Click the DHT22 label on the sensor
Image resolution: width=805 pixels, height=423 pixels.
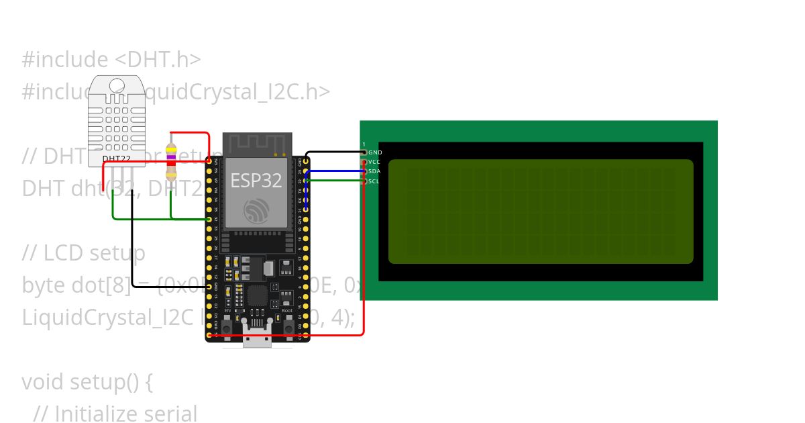coord(116,159)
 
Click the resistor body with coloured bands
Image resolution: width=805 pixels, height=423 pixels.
coord(172,162)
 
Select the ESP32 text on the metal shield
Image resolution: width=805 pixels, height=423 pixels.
coord(256,180)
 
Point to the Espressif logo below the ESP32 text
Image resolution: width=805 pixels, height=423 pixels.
coord(256,211)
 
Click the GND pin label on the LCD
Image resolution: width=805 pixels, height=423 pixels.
coord(375,152)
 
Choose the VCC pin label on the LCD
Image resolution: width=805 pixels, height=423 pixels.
coord(374,162)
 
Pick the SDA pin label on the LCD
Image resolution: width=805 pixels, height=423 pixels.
coord(374,171)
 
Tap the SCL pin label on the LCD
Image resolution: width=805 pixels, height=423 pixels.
coord(374,181)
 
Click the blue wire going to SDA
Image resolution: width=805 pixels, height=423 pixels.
coord(335,171)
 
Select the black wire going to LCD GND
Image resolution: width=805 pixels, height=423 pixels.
coord(335,152)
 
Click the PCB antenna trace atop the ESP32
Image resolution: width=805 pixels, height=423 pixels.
coord(257,142)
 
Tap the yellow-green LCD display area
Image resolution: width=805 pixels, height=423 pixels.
coord(541,211)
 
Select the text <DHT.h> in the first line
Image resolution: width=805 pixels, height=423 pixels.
coord(158,60)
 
